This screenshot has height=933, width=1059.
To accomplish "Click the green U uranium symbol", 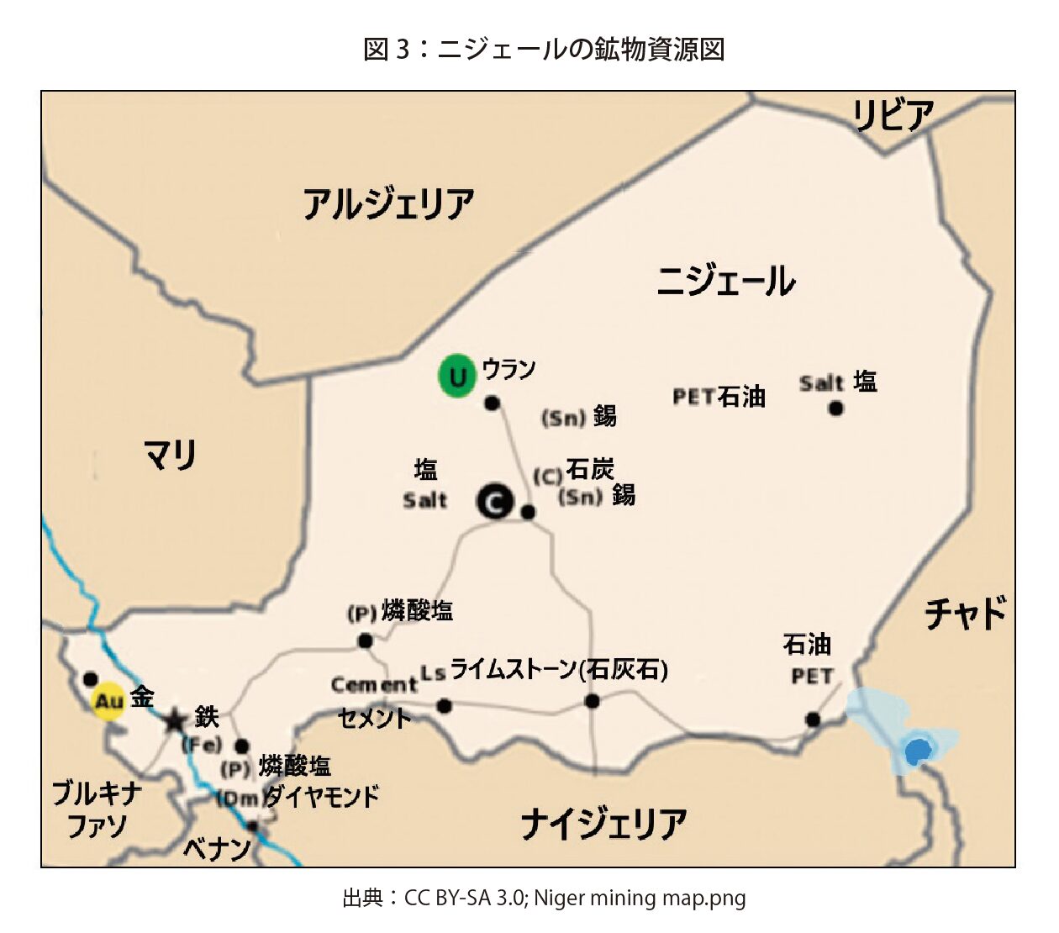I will point(457,376).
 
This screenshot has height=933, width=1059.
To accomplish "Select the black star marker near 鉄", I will point(175,721).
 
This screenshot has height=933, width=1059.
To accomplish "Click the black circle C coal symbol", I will point(496,502).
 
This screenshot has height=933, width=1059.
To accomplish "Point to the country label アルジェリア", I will point(388,204).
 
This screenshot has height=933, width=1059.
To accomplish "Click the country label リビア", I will point(893,115).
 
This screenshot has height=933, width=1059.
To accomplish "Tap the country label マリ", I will point(170,455).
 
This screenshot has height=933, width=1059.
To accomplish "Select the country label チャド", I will point(965,613).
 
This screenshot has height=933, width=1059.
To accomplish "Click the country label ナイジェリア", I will point(603,824).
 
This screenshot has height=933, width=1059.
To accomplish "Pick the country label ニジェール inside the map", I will point(725,281).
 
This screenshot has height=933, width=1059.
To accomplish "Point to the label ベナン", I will point(217,848).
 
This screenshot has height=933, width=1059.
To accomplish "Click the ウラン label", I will point(508,369).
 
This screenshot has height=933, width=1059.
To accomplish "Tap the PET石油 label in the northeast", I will point(719,397).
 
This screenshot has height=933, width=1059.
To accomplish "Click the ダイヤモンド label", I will point(321,796).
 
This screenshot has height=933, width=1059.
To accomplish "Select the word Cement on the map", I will point(373,685).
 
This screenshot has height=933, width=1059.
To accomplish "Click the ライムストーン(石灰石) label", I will point(559,670).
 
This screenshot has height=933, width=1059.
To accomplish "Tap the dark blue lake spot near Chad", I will point(917,750).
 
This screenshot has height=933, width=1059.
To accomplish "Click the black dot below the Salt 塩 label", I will point(835,409).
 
